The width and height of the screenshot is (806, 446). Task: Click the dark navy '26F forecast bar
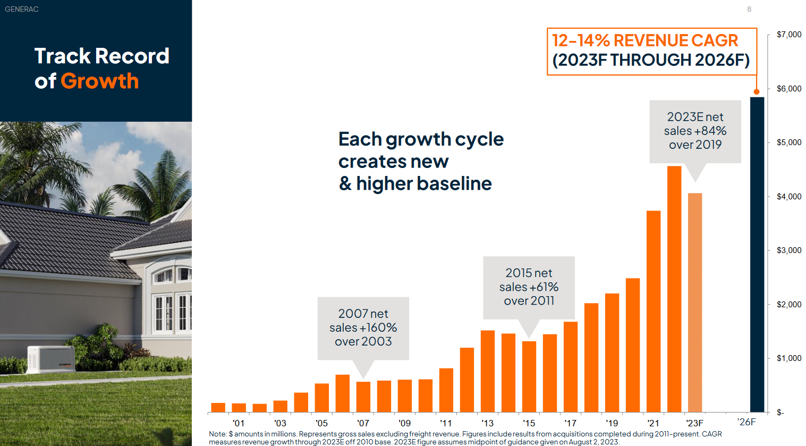tap(757, 255)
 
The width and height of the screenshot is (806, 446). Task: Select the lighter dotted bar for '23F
tap(695, 302)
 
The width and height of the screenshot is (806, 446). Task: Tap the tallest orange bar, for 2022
tap(674, 289)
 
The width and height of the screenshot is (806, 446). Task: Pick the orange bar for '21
tap(654, 312)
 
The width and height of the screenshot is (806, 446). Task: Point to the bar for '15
tap(529, 376)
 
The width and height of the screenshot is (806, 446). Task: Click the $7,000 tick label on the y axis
tap(788, 35)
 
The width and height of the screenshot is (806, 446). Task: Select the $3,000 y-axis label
tap(788, 250)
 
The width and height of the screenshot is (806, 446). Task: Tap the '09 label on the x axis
tap(404, 423)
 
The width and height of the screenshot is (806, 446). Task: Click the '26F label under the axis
tap(746, 422)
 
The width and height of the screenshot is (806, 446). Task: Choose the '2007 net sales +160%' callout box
tap(363, 328)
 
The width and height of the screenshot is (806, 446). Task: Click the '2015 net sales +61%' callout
tap(529, 287)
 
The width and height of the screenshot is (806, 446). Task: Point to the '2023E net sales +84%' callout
tap(695, 131)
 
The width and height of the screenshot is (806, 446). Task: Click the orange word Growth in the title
tap(100, 81)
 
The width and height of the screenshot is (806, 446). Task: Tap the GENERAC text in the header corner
tap(22, 10)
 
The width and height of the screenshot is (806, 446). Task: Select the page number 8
tap(749, 10)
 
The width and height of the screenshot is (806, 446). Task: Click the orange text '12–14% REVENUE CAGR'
tap(645, 40)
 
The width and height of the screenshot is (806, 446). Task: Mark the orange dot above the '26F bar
tap(757, 92)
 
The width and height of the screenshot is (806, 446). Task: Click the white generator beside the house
tap(52, 359)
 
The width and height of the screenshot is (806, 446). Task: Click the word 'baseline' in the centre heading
tap(454, 183)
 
